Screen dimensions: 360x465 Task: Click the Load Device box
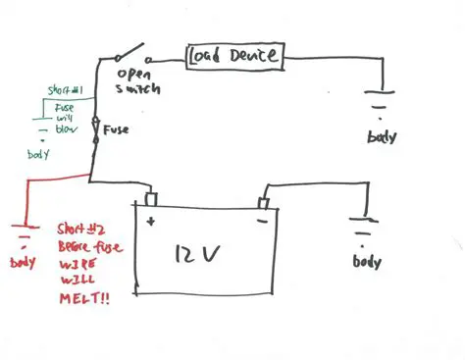234,57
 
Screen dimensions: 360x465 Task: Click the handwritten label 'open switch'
137,81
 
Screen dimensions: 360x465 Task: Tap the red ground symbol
22,235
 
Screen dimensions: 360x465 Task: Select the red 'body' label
22,264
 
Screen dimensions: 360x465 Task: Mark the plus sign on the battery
152,222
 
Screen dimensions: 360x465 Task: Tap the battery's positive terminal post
150,198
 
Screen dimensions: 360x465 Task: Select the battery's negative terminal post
263,202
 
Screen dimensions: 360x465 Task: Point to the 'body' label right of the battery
366,264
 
